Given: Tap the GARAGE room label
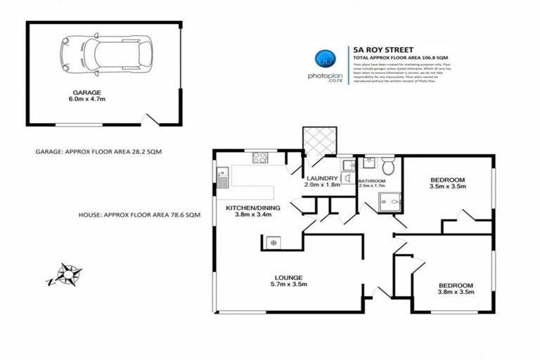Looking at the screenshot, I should [x=87, y=92].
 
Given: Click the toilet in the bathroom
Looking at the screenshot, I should [x=389, y=167].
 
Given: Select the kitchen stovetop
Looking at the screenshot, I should [x=260, y=157].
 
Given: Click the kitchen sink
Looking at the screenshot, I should [x=222, y=177].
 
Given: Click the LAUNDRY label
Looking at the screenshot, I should [x=322, y=178].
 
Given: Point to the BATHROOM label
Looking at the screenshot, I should [x=372, y=181].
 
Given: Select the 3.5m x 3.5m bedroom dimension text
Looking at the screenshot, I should [x=448, y=188].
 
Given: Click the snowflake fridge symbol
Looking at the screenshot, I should [x=273, y=243].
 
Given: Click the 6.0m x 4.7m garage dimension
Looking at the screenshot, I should [x=87, y=100].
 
